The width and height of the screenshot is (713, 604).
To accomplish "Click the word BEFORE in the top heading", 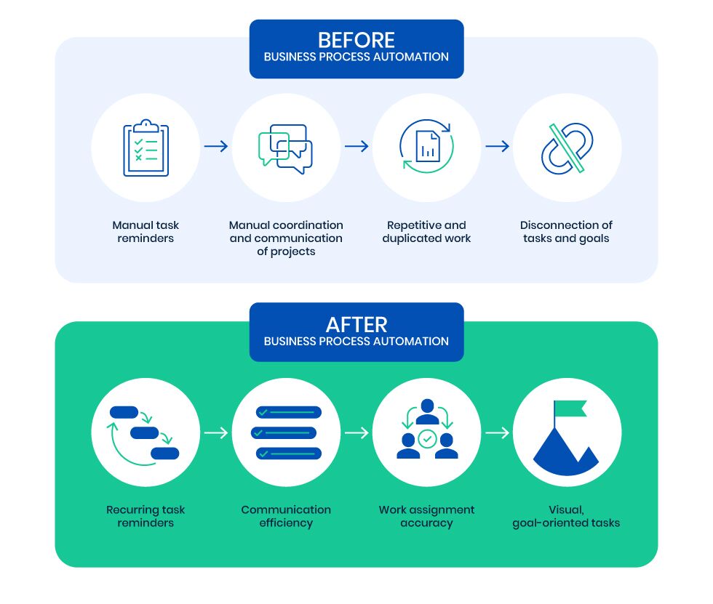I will point(356,40).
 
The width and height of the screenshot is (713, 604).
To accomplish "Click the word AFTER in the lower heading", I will point(356,324).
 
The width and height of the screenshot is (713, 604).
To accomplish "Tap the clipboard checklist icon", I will point(146,148).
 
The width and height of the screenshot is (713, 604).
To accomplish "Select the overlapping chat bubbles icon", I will point(286,148).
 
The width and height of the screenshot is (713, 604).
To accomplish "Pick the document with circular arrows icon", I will point(426,147).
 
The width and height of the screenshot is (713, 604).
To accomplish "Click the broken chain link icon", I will point(567,148).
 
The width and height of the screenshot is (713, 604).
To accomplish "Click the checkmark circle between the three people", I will point(427,438).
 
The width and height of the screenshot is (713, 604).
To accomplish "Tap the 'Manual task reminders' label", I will point(146,232).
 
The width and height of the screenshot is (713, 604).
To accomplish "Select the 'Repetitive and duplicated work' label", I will point(426,232).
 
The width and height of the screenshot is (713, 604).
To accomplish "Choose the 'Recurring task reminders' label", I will point(146,516).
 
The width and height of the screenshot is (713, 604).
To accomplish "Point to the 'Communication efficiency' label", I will point(286,516).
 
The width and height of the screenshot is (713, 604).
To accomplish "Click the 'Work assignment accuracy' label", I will point(426,516).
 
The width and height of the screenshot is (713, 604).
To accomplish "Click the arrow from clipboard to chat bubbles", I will point(216,147).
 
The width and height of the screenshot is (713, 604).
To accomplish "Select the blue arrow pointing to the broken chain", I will point(497,147).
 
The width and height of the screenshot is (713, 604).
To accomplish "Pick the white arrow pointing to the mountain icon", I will point(497,433).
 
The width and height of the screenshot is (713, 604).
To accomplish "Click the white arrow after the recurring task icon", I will point(216,433).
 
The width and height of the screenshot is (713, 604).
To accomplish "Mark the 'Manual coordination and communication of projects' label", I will point(286,238).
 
